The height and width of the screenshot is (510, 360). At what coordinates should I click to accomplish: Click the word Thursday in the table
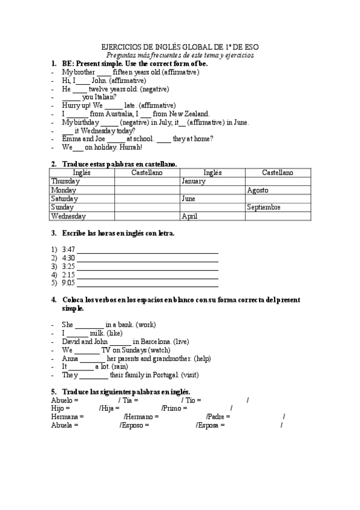[66, 181]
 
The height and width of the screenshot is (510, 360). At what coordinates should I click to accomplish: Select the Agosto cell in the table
[257, 190]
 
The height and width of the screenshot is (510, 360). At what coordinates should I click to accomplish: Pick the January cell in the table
[194, 181]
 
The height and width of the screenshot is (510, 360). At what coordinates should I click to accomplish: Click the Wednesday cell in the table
[69, 216]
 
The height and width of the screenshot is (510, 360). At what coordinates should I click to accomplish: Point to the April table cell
[189, 216]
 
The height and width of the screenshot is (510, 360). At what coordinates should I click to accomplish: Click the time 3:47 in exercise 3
[68, 249]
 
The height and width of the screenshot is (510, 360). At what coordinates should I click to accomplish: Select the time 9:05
[68, 282]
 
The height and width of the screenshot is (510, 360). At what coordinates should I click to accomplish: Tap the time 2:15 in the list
[68, 274]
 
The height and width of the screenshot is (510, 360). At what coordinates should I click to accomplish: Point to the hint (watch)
[159, 349]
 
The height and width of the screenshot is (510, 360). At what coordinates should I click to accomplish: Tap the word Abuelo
[63, 399]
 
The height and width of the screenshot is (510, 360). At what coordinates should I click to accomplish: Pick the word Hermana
[65, 416]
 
